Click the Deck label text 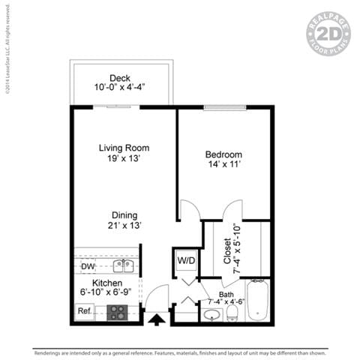119,78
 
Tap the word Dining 119,213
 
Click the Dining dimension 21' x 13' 119,224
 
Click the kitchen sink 123,265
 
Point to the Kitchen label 107,283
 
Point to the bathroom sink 211,313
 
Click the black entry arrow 156,320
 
